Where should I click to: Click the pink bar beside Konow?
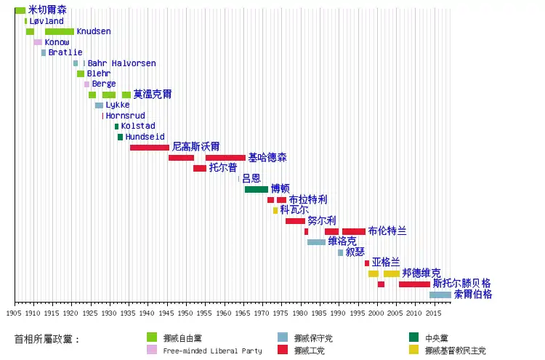(38, 42)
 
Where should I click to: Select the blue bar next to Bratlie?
(44, 52)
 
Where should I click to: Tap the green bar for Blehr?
(81, 73)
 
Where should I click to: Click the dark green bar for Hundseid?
(120, 137)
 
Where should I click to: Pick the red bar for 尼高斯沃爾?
(150, 148)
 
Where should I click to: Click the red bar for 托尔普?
(200, 168)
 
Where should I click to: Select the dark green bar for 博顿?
(257, 190)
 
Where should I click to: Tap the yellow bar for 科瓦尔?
(275, 210)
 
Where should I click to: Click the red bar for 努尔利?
(296, 221)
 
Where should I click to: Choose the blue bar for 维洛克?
(316, 242)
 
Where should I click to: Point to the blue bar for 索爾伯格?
(440, 295)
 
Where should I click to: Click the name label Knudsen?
(94, 31)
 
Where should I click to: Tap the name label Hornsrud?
(126, 116)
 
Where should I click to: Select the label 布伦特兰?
(387, 231)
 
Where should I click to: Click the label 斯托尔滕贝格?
(462, 283)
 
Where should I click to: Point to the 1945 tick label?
(166, 313)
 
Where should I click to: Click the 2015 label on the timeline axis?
(433, 313)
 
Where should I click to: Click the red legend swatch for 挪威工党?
(283, 350)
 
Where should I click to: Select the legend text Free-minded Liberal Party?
(212, 351)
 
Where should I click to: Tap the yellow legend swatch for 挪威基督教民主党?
(413, 350)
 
